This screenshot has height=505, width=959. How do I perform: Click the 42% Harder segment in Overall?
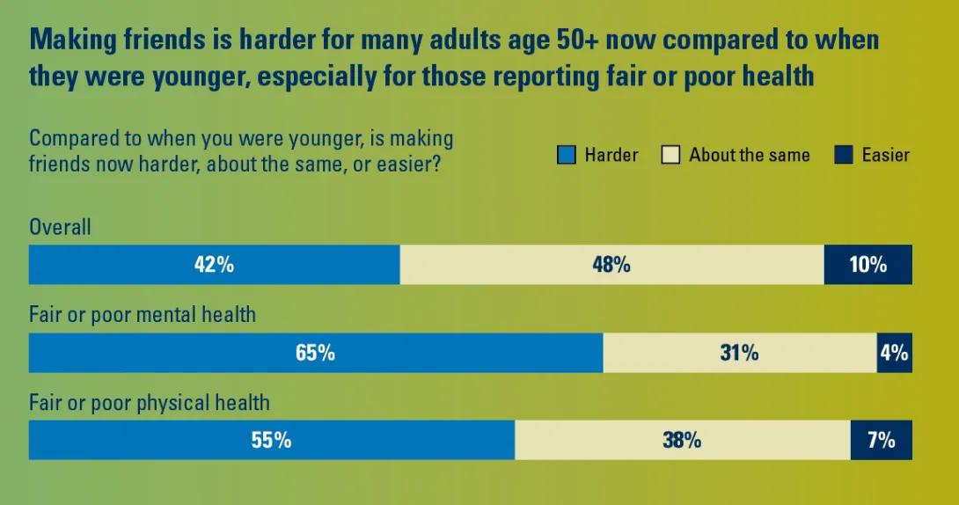coord(214,265)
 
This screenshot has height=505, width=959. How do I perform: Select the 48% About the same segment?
coord(611,265)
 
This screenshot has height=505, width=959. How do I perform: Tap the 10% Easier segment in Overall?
coord(867,265)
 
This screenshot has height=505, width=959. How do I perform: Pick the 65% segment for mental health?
coord(316,353)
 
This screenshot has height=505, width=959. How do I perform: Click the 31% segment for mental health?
coord(739,353)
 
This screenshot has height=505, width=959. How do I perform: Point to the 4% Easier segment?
coord(894,353)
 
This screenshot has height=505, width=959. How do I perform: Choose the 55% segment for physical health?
coord(272,440)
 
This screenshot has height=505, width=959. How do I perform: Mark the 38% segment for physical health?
coord(683,440)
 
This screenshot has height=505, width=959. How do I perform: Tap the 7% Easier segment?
coord(882,440)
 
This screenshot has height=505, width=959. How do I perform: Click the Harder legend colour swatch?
coord(567,155)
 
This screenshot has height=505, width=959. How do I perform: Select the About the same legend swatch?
coord(671,155)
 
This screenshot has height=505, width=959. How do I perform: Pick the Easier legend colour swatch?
coord(844,155)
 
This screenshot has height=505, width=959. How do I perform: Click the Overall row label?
coord(60,227)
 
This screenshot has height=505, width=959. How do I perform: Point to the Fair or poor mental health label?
coord(143,315)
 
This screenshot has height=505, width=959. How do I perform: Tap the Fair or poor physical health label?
coord(150,403)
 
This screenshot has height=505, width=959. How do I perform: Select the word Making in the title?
coord(73,40)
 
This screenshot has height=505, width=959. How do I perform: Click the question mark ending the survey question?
coord(436,165)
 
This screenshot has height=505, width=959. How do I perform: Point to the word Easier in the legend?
coord(886,155)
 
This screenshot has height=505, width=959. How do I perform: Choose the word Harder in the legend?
coord(611,155)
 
